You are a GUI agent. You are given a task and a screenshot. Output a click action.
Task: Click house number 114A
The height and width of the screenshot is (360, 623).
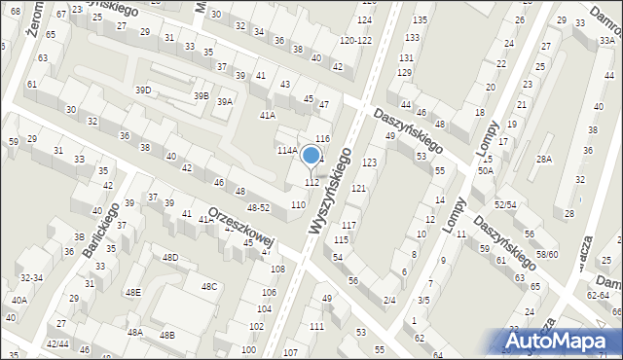click(x=286, y=151)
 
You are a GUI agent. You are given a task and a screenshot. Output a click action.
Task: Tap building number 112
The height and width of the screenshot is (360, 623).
click(x=311, y=183)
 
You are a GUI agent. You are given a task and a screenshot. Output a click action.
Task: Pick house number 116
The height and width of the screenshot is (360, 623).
click(x=323, y=140)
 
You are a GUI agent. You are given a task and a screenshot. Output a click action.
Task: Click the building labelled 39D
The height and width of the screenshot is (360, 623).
click(x=143, y=90)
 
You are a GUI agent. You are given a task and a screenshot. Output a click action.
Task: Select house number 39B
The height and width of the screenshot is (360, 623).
click(x=201, y=95)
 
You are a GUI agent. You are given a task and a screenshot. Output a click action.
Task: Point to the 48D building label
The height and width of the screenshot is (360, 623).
click(x=170, y=258)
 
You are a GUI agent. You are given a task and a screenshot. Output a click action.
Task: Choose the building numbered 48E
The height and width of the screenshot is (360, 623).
click(x=133, y=292)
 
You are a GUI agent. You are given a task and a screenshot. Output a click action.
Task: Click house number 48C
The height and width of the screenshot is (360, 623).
click(x=209, y=286)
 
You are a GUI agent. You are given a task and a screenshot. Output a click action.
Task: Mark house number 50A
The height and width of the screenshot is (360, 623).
click(x=485, y=170)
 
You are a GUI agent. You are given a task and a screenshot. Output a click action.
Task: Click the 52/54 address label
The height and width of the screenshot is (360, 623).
click(x=504, y=204)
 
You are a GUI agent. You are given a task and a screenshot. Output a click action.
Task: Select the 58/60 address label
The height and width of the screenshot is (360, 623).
click(x=547, y=254)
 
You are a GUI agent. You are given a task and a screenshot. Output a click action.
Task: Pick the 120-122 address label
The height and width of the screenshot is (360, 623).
click(x=355, y=40)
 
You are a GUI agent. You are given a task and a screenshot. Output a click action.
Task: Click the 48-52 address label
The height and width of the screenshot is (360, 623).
click(x=259, y=207)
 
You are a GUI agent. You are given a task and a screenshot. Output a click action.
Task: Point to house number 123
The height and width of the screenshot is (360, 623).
click(x=370, y=162)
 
